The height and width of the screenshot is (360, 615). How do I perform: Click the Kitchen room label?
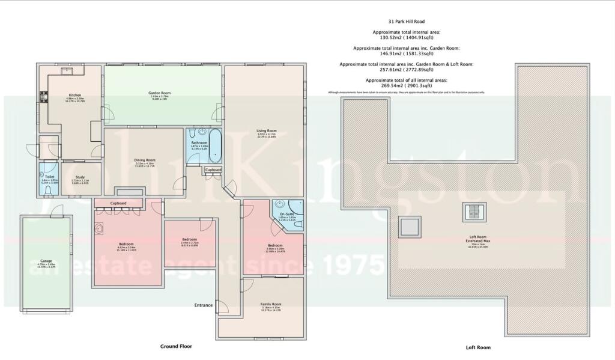(75, 95)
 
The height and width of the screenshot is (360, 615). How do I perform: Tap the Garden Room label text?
(160, 93)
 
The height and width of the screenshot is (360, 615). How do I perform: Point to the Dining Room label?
(145, 160)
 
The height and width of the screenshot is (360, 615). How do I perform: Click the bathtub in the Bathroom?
(216, 145)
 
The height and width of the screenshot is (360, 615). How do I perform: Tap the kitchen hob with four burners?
(43, 96)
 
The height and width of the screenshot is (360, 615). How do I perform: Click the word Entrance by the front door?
(203, 305)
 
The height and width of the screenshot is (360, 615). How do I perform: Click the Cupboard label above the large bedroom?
(118, 204)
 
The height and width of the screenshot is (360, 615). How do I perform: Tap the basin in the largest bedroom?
(99, 227)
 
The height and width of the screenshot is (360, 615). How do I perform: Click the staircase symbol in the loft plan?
(473, 211)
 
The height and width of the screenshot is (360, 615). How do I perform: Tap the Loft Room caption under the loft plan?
(478, 347)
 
